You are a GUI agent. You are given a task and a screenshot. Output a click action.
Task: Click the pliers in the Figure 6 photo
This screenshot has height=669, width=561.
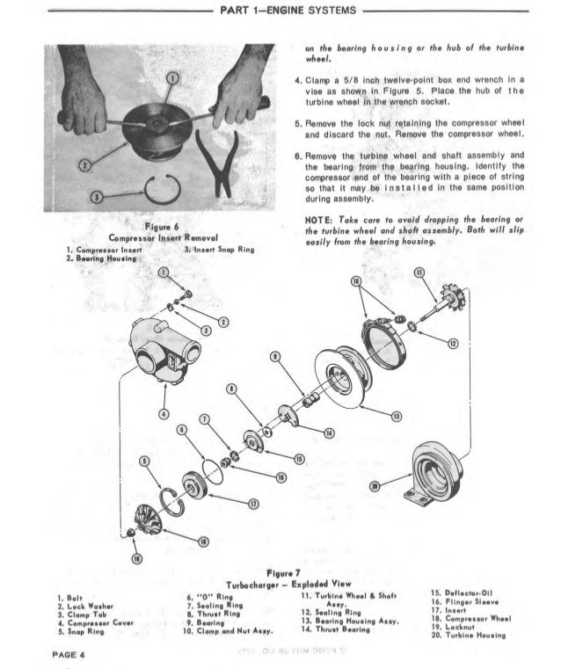pos(216,163)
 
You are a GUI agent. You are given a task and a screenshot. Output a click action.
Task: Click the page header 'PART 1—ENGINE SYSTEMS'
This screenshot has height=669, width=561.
pos(281,11)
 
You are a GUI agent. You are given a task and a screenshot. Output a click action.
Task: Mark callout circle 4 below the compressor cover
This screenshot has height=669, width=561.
pos(164,414)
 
